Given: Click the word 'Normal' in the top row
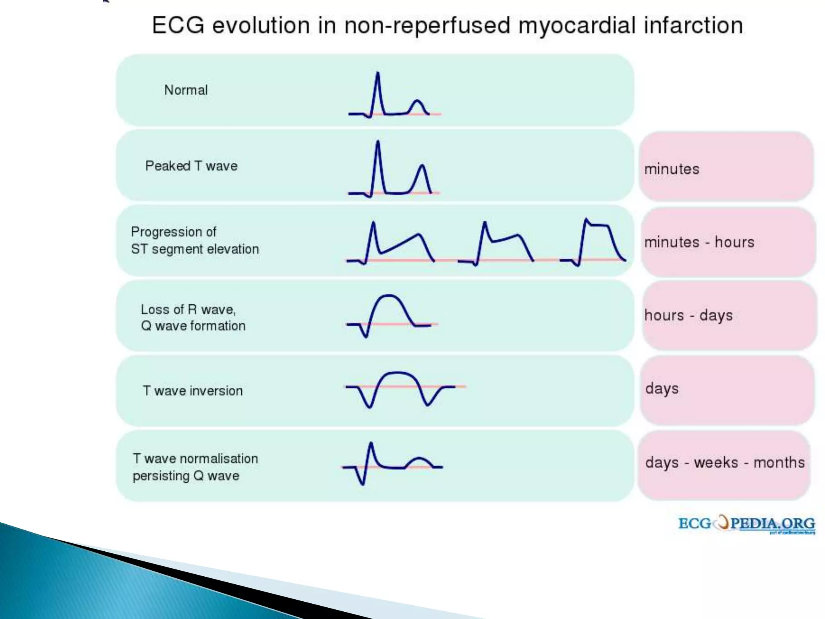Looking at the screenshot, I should pos(186,90).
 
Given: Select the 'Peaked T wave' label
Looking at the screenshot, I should pos(191,166).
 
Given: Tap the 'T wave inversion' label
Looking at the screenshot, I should pos(193,391).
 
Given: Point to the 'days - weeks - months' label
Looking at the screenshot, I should pos(725,463).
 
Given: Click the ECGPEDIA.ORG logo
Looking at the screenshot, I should pos(746,524).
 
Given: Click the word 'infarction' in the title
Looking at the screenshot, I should pos(693,25).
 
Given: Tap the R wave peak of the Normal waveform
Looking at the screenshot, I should pos(377,73).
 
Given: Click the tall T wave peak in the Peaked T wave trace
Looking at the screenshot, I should pos(422,166).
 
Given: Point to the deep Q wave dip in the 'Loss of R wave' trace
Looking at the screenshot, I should pos(366,336).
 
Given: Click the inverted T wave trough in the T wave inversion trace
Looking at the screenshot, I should pos(427,404).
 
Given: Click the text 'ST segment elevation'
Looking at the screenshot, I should pos(195,249).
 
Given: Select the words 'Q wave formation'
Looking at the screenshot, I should pos(193,326).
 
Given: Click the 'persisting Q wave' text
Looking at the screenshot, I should pos(186,476).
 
